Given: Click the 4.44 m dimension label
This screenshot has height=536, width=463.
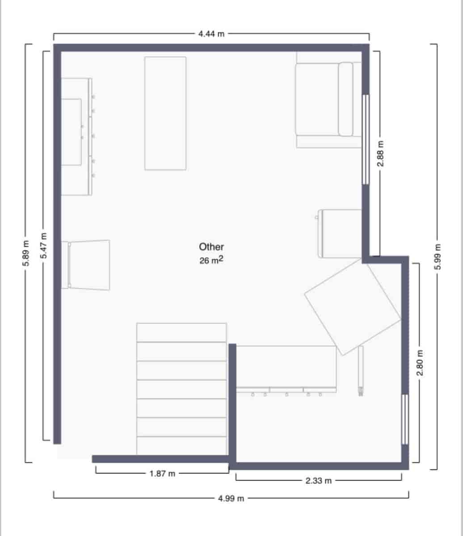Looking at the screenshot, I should (211, 34).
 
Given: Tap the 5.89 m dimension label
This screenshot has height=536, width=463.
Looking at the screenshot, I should (26, 254).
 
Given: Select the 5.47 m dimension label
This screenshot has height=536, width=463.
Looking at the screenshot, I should (43, 246).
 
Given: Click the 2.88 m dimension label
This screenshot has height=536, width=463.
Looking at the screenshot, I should (380, 154).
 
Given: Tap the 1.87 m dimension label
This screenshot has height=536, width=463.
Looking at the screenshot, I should (162, 474).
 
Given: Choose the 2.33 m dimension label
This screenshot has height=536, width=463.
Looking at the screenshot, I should (319, 481).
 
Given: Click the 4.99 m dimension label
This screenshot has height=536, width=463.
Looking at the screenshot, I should (231, 498).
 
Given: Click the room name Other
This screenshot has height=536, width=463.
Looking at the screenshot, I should (211, 247).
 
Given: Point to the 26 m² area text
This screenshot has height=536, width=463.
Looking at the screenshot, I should (211, 260).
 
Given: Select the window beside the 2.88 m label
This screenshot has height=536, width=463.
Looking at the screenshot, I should (366, 139).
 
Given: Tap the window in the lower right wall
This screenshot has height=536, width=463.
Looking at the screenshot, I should (405, 419).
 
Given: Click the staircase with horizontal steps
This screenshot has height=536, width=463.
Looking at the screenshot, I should (181, 389).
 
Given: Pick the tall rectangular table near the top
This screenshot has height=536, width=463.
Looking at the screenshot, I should (165, 113).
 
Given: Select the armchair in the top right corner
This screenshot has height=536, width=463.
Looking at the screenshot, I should (328, 100).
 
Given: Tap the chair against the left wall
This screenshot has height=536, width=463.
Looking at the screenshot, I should (88, 264).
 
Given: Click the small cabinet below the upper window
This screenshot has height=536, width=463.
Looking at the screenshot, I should (340, 234).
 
